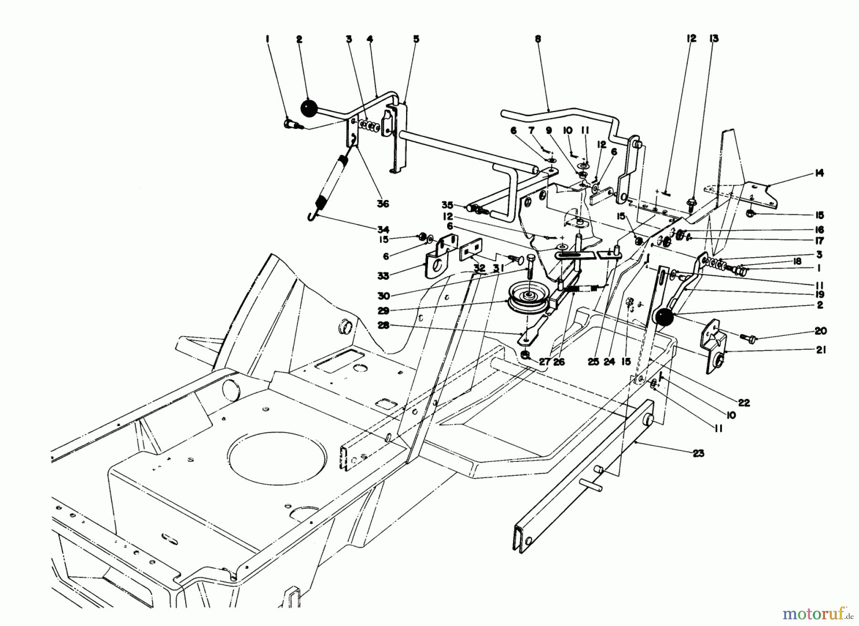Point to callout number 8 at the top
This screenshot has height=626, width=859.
[538, 40]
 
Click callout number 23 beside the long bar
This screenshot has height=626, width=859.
[698, 453]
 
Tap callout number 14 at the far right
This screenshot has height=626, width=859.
[819, 173]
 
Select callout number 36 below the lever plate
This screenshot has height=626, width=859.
[383, 204]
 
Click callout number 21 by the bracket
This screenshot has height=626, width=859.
[820, 350]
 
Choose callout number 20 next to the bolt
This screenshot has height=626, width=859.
[821, 331]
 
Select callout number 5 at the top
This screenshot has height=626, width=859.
[416, 40]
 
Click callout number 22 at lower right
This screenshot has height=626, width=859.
[744, 403]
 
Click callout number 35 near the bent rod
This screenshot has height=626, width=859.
[447, 205]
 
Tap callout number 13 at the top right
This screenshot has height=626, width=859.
[713, 39]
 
